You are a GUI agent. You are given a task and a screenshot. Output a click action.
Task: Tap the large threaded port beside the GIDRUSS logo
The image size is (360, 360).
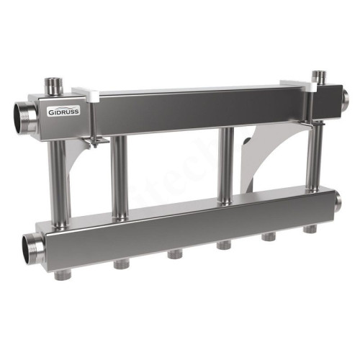coord(22,113)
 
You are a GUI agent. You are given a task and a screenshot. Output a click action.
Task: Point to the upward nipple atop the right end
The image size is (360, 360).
coord(319,77)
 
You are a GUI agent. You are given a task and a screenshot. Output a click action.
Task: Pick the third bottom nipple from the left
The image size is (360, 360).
coord(174,254)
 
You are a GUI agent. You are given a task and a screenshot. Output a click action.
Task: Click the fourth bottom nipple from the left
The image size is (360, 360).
coord(223,246)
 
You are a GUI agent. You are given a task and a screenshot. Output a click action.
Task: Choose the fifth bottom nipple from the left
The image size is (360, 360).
coord(271,237)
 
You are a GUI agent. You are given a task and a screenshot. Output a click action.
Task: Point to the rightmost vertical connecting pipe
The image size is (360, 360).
coord(314,162)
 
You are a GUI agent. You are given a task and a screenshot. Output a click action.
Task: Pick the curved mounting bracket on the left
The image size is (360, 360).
coord(81,173)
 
